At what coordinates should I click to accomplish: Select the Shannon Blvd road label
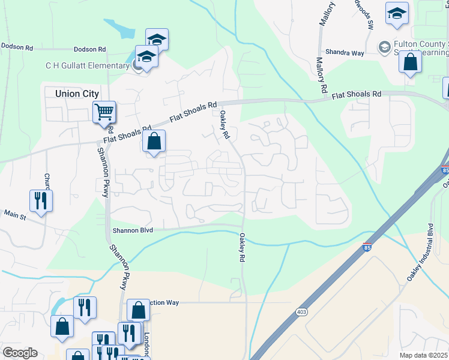[x=133, y=230]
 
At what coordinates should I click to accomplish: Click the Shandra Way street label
[x=345, y=53]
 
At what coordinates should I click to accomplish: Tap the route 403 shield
[x=301, y=312]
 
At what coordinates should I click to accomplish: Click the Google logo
[x=19, y=353]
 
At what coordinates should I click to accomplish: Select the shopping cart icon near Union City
[x=104, y=112]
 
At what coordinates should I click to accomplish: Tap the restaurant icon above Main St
[x=41, y=200]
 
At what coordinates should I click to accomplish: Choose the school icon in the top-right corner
[x=397, y=14]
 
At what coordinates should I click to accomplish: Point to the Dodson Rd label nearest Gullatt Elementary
[x=89, y=49]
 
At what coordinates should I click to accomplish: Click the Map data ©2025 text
[x=424, y=355]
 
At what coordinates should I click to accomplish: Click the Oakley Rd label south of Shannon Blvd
[x=243, y=247]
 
